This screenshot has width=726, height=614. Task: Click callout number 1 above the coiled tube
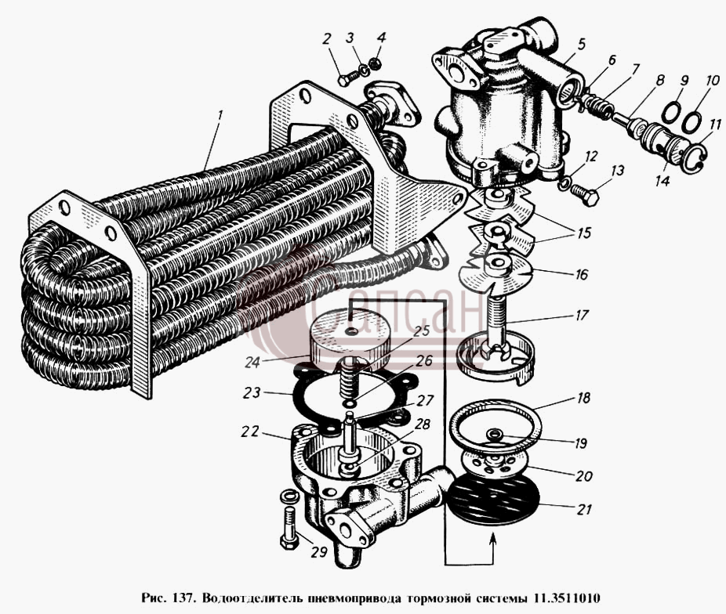tap(220, 114)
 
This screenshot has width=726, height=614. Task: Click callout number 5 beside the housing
tap(582, 45)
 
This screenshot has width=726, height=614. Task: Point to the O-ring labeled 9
tap(671, 112)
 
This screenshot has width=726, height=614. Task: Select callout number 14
tap(662, 180)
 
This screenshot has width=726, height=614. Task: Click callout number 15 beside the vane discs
tap(583, 233)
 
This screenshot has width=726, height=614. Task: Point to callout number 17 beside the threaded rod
tap(581, 315)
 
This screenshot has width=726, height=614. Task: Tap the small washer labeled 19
tap(495, 434)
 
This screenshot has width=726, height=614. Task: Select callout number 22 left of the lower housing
tap(250, 432)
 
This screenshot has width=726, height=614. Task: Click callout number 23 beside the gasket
tap(252, 393)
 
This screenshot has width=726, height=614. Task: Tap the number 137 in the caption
tap(178, 598)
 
